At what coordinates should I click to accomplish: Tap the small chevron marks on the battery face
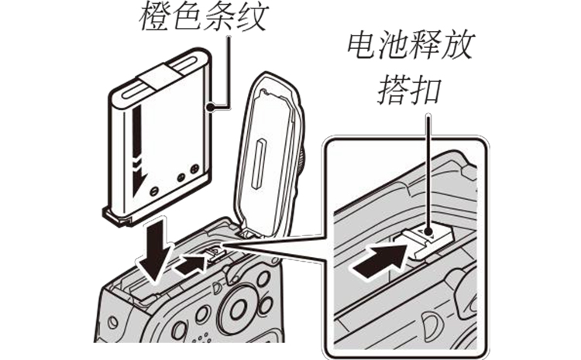coord(137,164)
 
